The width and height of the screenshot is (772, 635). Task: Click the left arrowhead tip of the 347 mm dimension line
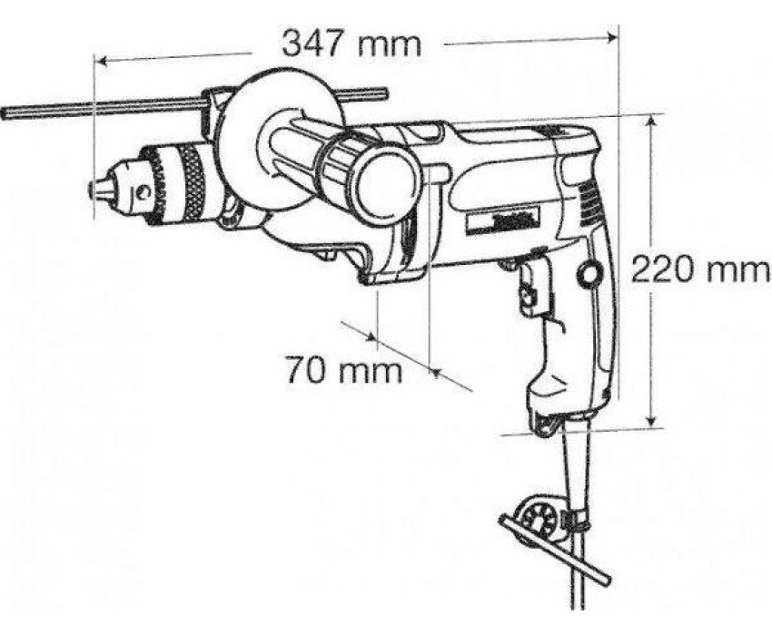(x=97, y=62)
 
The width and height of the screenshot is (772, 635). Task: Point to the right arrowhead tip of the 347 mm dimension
(x=617, y=36)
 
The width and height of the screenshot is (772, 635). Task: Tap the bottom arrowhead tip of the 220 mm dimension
(x=651, y=427)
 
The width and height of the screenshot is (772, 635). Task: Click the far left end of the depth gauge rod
(x=3, y=113)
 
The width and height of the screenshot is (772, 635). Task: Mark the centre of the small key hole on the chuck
(x=144, y=192)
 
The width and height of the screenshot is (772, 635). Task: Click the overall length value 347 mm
(x=351, y=44)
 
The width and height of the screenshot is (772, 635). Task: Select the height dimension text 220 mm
(x=699, y=269)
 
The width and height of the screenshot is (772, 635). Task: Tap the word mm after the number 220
(x=738, y=271)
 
